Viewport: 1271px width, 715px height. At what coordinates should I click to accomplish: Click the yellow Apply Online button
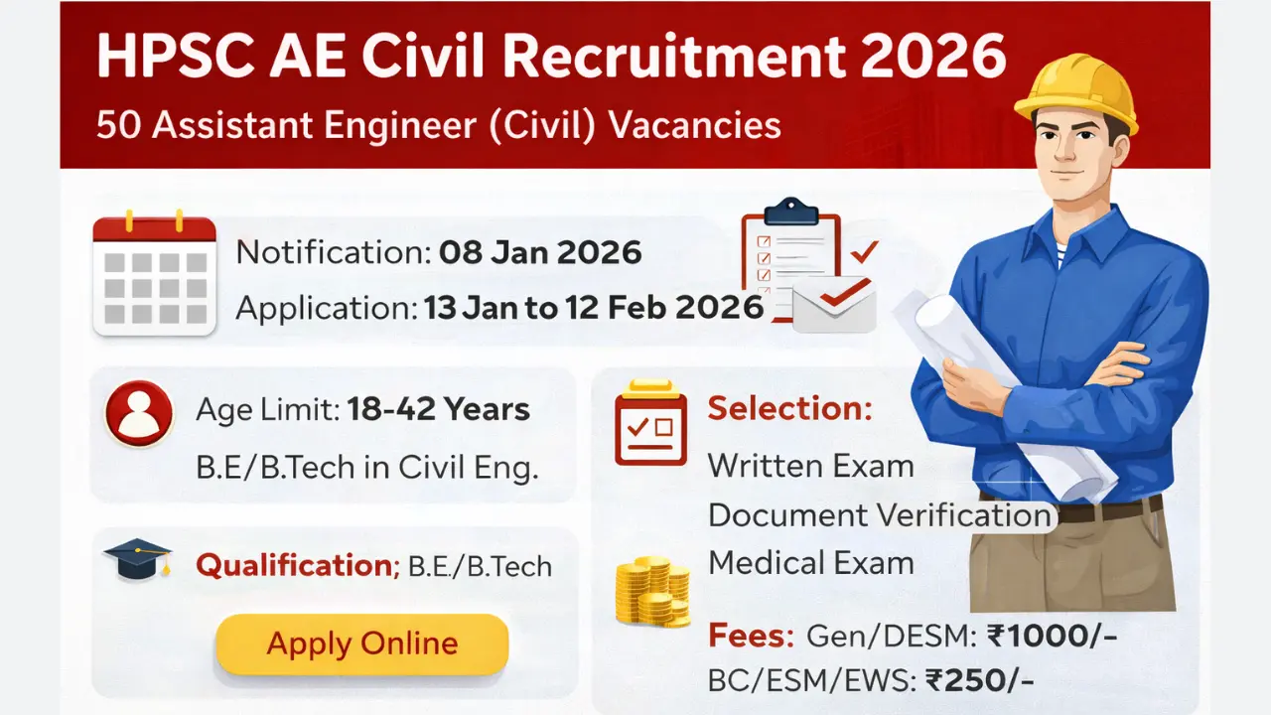(x=361, y=643)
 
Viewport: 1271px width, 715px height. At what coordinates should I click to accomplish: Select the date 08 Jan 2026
(x=540, y=252)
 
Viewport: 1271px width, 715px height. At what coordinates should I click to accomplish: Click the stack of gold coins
(x=652, y=593)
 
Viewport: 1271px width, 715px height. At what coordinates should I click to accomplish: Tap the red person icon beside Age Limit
(x=140, y=412)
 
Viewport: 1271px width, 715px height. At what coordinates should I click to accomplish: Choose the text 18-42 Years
(x=438, y=409)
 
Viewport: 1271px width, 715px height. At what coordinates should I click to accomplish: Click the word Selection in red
(x=789, y=408)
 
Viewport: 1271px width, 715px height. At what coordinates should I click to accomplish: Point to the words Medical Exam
(x=810, y=563)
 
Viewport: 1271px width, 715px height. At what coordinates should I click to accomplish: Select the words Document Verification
(x=879, y=514)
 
